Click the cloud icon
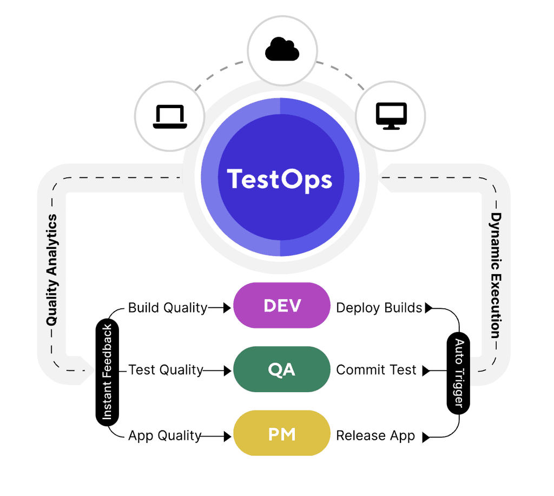tap(282, 50)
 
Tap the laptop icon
tap(170, 116)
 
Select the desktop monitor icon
tap(391, 116)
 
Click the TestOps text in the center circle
tap(280, 179)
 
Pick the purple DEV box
tap(281, 306)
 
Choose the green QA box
tap(281, 370)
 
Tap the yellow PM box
tap(281, 434)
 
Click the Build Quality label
tap(167, 308)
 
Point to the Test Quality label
tap(166, 371)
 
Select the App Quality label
tap(164, 435)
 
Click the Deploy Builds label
tap(379, 308)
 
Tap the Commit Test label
tap(376, 371)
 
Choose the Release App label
tap(375, 435)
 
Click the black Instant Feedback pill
tap(107, 371)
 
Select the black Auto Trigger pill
tap(458, 373)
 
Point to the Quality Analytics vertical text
tap(52, 270)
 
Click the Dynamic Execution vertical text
tap(496, 275)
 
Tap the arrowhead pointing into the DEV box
tap(228, 308)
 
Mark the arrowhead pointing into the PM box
tap(228, 435)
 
